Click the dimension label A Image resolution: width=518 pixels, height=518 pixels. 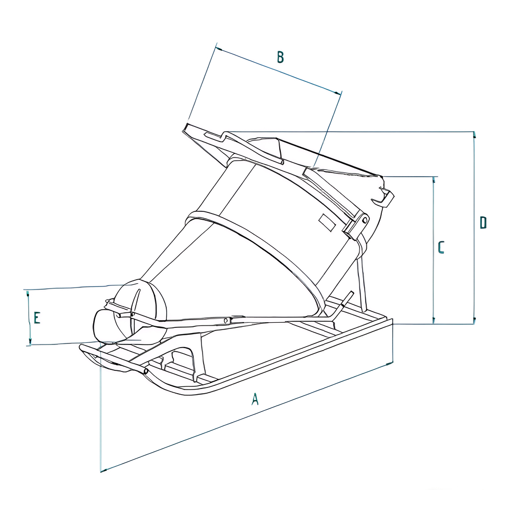coord(254,399)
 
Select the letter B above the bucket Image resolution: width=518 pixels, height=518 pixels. coord(280,57)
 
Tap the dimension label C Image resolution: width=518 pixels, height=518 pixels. coord(441,248)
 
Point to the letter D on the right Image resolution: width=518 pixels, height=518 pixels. coord(483,223)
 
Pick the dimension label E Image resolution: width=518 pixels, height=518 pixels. coord(37,318)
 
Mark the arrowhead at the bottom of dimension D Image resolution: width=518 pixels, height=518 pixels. coord(473,321)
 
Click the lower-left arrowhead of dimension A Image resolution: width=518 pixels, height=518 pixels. coord(104,470)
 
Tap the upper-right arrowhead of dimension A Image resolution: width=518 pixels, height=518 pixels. coord(390,364)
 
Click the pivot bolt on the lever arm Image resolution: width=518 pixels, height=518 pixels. coord(226,321)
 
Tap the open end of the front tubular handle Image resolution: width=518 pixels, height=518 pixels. coord(146,371)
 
